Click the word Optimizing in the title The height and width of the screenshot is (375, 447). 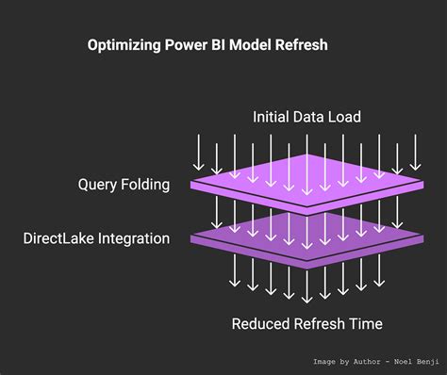pos(126,44)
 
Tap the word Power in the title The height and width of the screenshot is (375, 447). pos(192,44)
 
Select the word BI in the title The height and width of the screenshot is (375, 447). pos(226,44)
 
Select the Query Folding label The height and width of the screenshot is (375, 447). pos(124,185)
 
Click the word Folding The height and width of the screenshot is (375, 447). pos(145,185)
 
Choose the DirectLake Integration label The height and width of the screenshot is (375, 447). pos(96,239)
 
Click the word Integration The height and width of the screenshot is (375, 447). pos(135,239)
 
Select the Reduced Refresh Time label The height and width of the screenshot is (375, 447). pos(306,324)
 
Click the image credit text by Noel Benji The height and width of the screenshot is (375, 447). pos(376,361)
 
